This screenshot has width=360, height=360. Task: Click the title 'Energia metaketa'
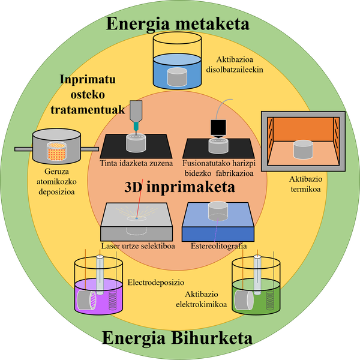179,25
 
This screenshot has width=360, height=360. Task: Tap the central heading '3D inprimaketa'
179,187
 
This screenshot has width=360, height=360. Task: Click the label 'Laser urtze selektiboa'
136,245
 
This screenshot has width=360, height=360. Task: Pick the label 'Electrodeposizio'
155,281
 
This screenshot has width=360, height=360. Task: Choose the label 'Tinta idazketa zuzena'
137,163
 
